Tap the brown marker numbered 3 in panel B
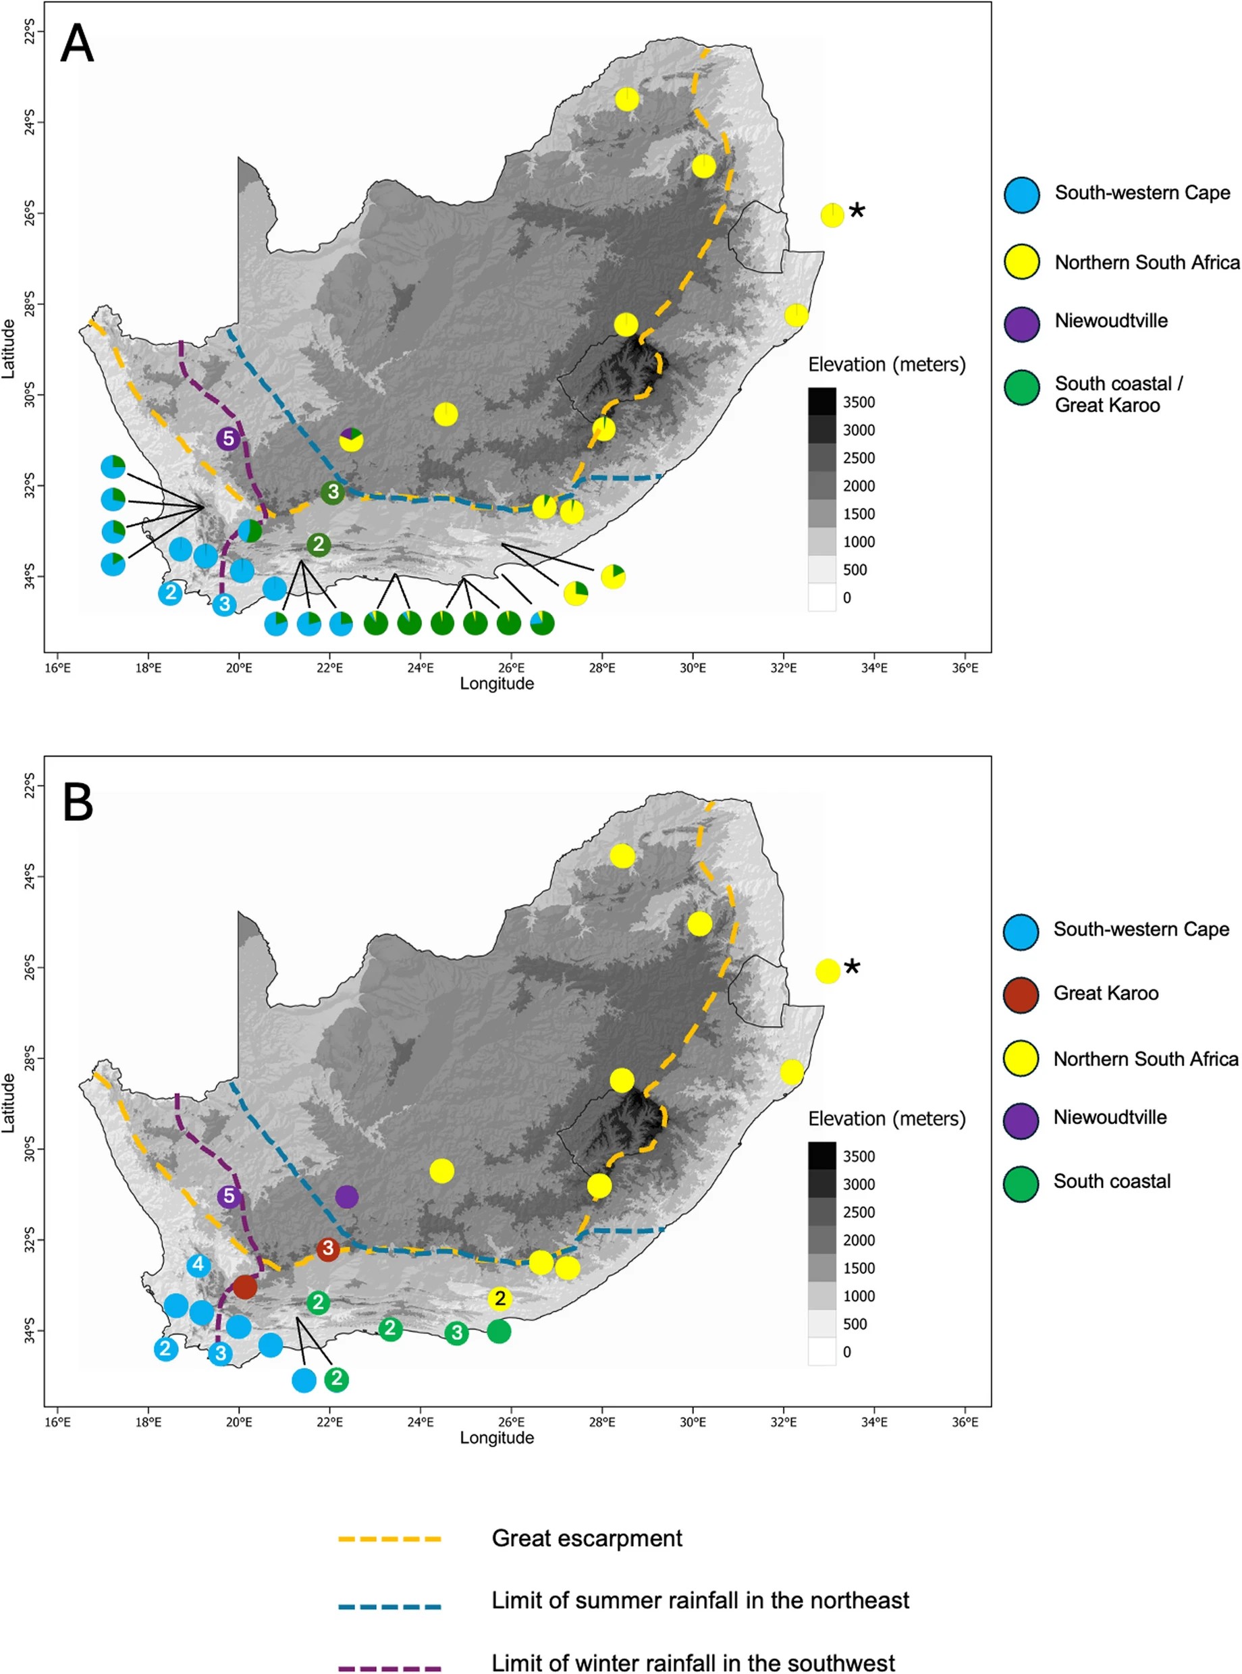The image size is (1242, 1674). [328, 1249]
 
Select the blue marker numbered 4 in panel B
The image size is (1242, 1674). [198, 1264]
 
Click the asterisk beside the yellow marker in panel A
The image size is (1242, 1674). [857, 212]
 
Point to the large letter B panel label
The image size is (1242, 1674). [78, 802]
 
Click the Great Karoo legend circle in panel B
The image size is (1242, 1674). [1021, 994]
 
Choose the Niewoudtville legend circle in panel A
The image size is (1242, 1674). [1022, 324]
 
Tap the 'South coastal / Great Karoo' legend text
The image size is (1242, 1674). [1117, 394]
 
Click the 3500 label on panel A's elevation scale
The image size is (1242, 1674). [859, 402]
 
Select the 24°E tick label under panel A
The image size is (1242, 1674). [421, 668]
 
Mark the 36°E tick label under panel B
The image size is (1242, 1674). [965, 1422]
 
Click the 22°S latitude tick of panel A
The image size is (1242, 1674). [28, 32]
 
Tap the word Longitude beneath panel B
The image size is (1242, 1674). [497, 1438]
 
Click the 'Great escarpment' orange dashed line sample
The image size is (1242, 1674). [389, 1539]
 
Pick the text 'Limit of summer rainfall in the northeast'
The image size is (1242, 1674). [700, 1600]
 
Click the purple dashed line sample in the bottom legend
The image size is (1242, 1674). [389, 1663]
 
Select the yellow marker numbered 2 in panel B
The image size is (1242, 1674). [500, 1298]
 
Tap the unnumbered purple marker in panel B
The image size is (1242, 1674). [346, 1197]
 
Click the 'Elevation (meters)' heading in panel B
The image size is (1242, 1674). [886, 1118]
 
